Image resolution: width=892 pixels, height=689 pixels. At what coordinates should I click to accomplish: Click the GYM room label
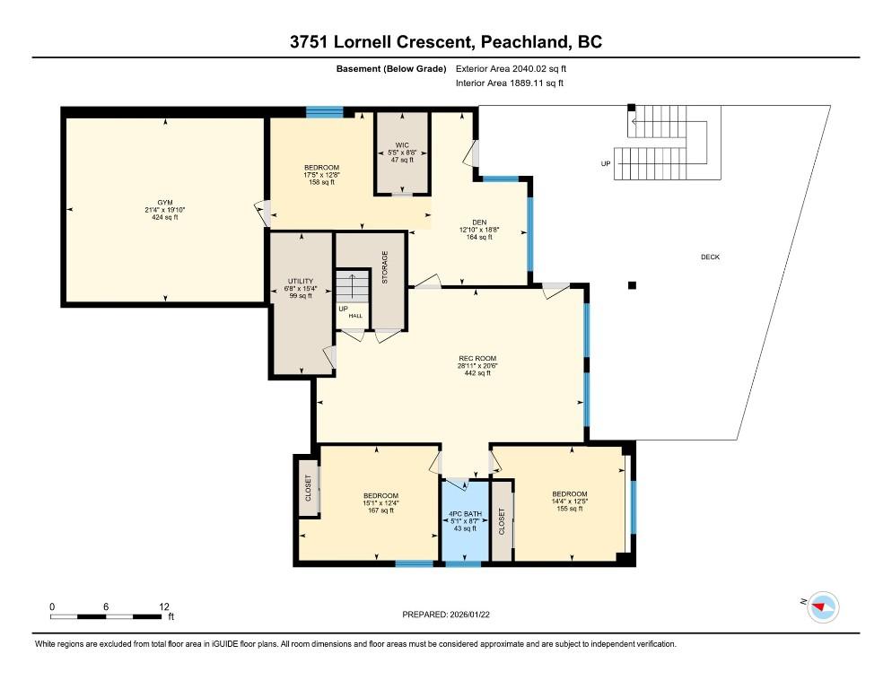(x=165, y=203)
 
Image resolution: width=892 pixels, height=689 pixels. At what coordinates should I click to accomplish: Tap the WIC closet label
(x=402, y=145)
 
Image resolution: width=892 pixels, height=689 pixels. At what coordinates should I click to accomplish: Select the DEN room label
(x=479, y=222)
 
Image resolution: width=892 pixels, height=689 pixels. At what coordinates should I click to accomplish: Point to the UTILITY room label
(x=301, y=281)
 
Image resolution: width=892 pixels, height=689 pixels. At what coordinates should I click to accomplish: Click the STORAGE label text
(x=385, y=267)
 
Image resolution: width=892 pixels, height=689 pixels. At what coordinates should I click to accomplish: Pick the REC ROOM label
(x=477, y=359)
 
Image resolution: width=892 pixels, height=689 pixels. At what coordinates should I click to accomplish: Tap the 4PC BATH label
(x=466, y=514)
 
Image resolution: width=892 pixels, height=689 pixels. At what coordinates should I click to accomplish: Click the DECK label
(x=710, y=257)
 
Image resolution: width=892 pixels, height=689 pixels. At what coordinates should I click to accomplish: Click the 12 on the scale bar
(x=164, y=606)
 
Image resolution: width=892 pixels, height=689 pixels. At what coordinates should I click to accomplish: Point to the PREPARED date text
(x=446, y=615)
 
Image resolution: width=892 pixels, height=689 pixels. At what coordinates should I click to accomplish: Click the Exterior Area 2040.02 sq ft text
(x=511, y=69)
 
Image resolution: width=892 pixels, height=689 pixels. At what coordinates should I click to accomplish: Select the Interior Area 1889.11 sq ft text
(x=510, y=83)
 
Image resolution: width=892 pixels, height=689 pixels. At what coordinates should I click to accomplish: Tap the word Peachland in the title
(x=524, y=41)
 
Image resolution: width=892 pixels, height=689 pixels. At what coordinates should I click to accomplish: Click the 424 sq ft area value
(x=165, y=217)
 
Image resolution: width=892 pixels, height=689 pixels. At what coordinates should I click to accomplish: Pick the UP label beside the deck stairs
(x=606, y=164)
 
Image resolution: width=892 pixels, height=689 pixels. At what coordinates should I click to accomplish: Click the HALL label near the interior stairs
(x=355, y=316)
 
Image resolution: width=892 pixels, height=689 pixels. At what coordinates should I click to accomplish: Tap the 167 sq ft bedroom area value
(x=381, y=510)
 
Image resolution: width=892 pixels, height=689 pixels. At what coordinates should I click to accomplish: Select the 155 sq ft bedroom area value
(x=570, y=509)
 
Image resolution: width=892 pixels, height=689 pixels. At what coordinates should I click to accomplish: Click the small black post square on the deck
(x=632, y=285)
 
